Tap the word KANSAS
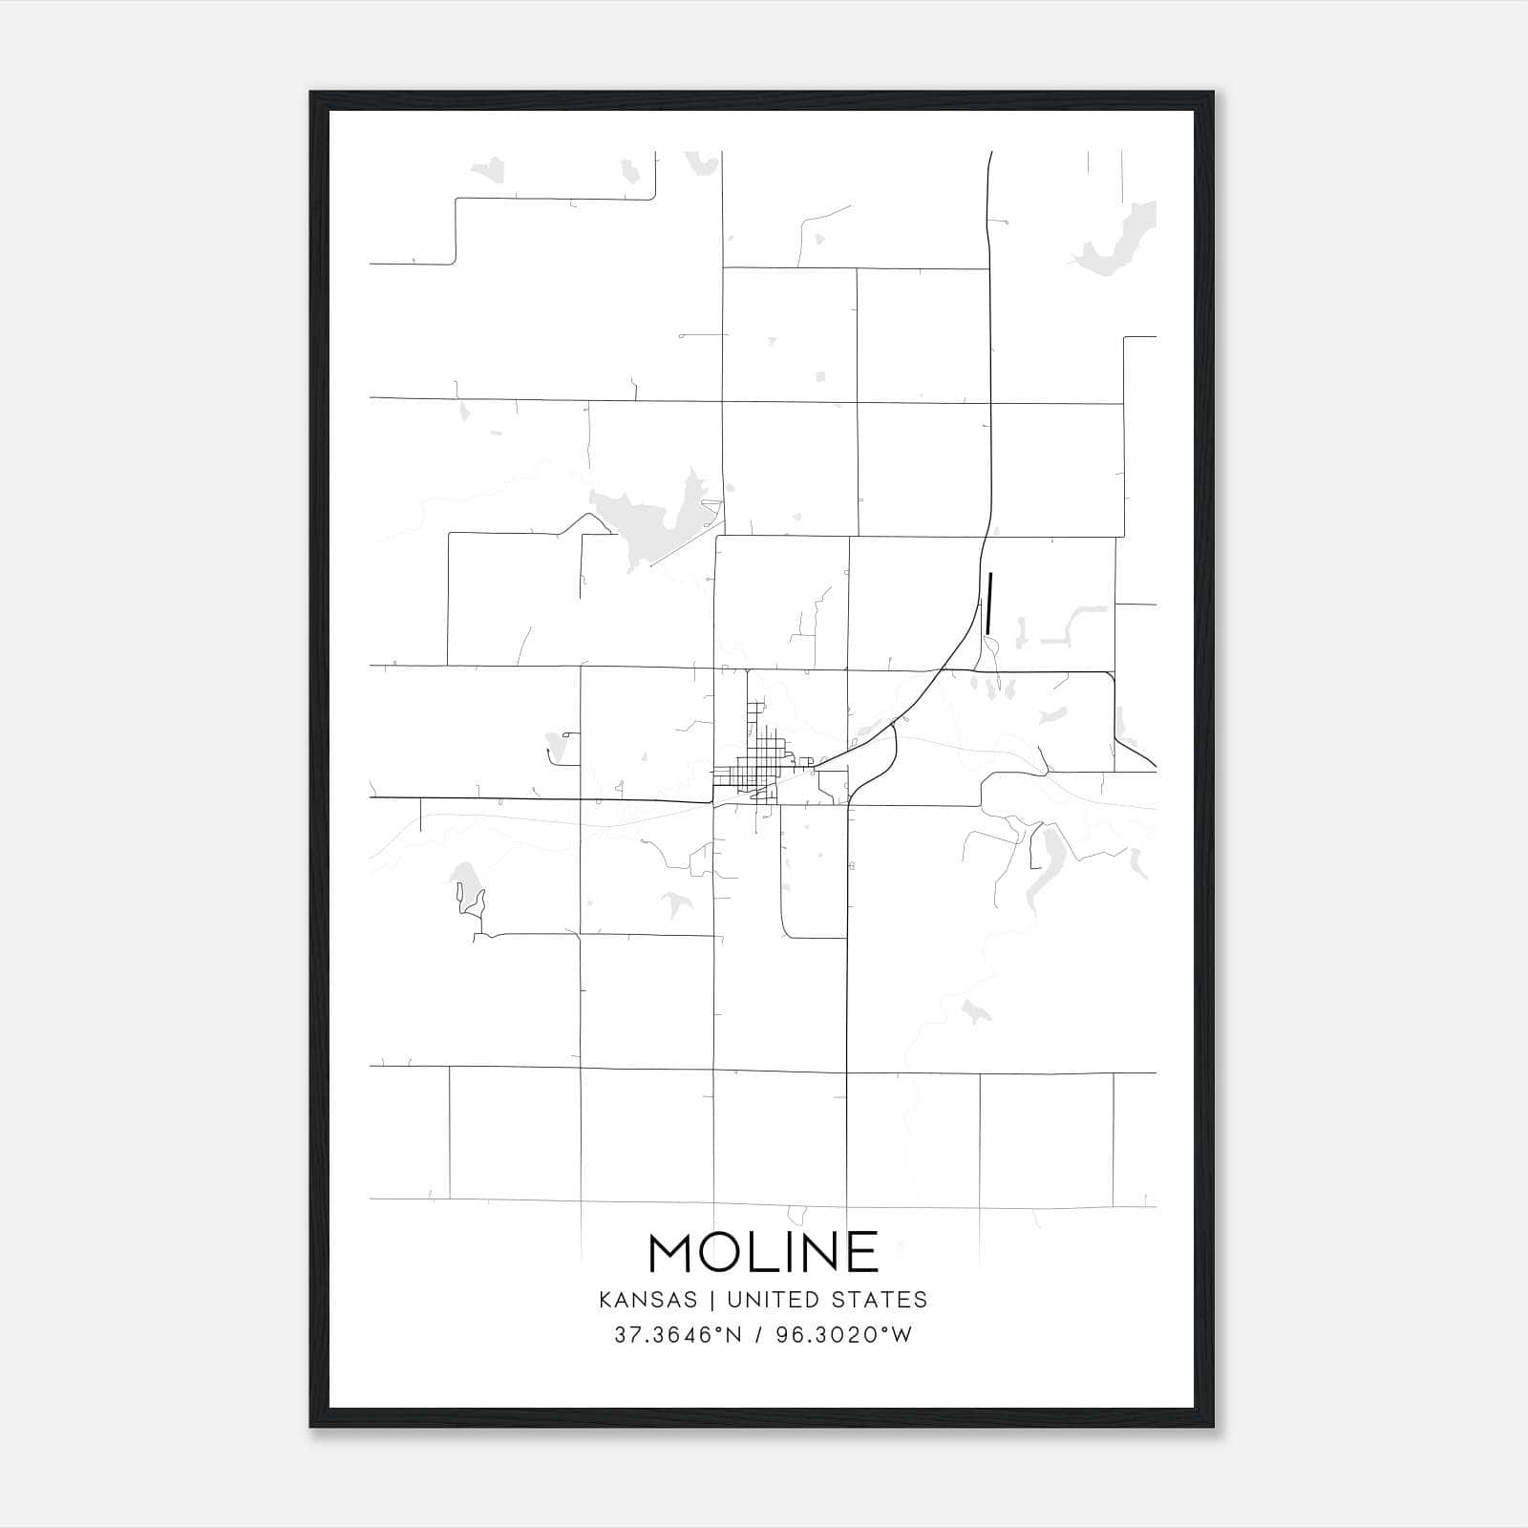click(x=654, y=1300)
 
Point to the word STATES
click(x=880, y=1300)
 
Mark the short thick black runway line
click(x=989, y=603)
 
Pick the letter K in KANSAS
click(x=605, y=1300)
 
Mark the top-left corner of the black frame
click(x=312, y=94)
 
